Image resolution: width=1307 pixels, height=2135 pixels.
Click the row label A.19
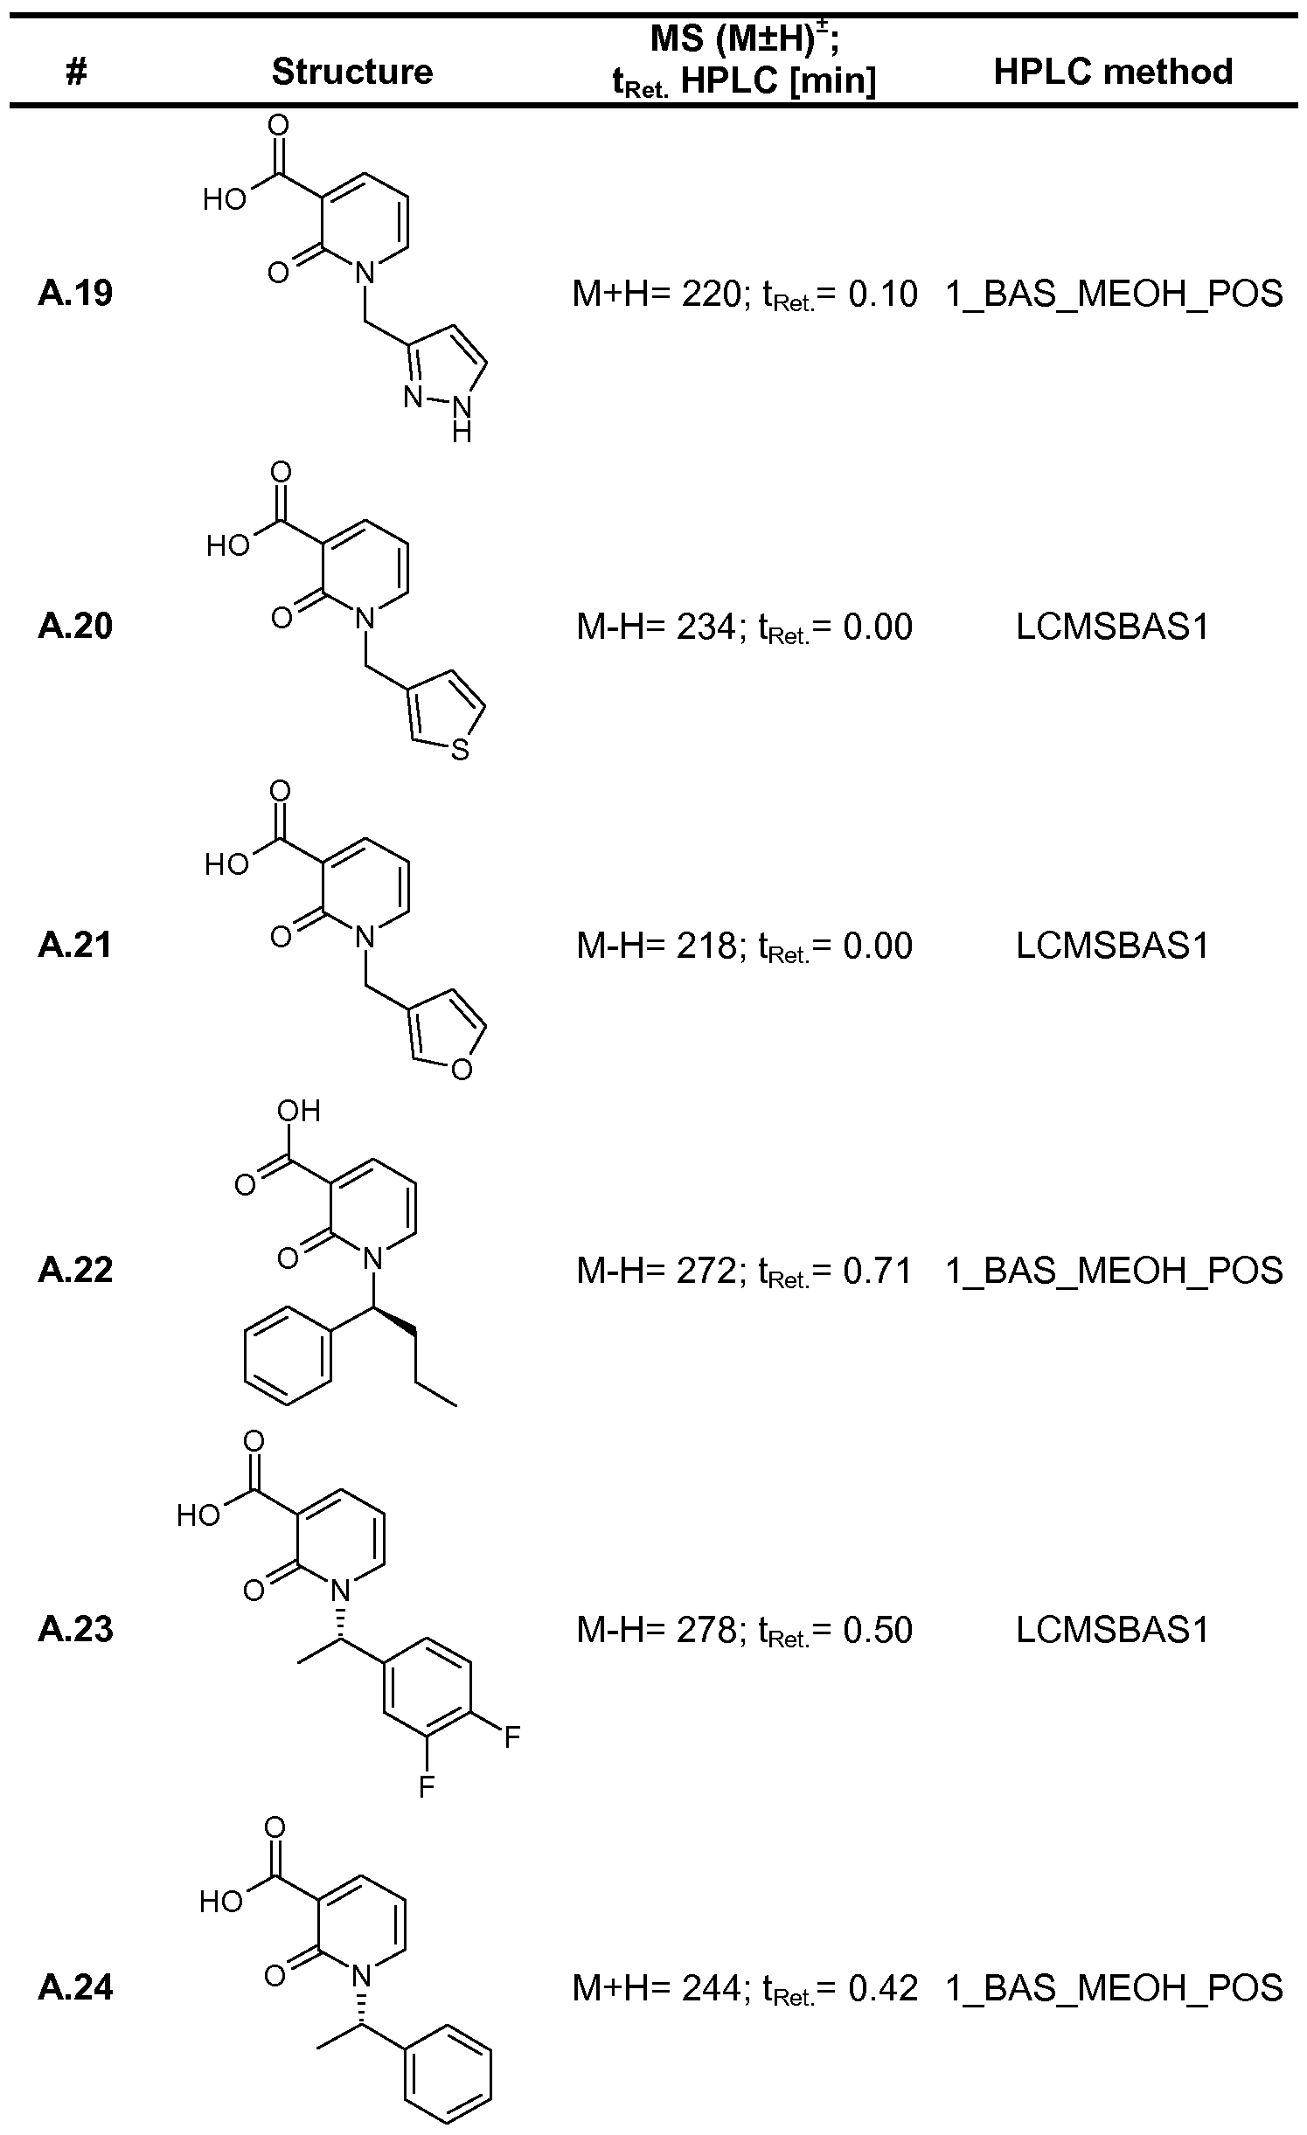pos(75,294)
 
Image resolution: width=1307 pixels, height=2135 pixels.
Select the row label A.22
pos(75,1270)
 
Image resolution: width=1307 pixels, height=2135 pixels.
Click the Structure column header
pos(351,72)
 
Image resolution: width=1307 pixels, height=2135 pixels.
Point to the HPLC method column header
pos(1113,72)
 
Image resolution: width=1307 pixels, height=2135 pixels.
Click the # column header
pos(76,72)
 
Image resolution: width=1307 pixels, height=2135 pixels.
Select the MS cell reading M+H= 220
pos(744,295)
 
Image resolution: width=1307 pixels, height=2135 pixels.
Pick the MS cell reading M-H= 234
pos(744,627)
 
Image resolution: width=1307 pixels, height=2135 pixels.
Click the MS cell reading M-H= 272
pos(744,1271)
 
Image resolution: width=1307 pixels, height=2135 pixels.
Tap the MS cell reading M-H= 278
pos(744,1630)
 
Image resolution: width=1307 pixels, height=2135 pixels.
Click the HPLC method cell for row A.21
pos(1112,946)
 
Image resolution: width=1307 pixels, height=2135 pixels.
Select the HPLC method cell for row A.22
pos(1113,1271)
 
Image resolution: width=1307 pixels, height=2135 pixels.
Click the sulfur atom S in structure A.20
pos(461,750)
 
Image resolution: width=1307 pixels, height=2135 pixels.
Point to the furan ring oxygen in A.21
pos(462,1069)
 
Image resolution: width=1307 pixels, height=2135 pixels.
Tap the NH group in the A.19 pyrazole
pos(461,411)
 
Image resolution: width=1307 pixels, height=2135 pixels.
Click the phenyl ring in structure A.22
pos(288,1362)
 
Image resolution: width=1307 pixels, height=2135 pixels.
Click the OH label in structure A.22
pos(298,1111)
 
